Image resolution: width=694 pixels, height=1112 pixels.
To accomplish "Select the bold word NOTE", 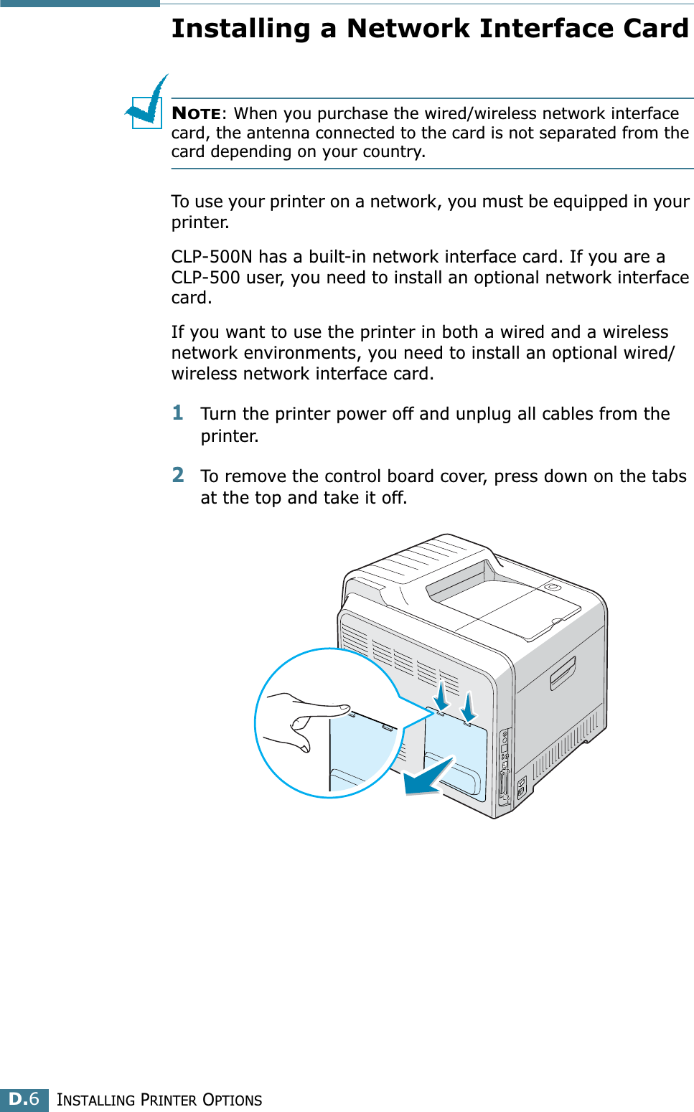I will point(196,113).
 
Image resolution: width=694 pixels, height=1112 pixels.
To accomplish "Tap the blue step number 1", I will point(178,413).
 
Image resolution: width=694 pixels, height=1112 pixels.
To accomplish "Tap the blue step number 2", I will point(178,475).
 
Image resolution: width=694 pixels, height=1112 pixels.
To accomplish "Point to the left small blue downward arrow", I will point(441,695).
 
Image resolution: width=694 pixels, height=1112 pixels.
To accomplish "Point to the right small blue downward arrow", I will point(468,706).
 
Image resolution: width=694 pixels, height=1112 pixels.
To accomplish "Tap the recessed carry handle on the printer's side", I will point(563,673).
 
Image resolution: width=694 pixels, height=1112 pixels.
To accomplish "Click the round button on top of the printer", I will point(552,587).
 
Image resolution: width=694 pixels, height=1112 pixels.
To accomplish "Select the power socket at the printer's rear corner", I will point(521,788).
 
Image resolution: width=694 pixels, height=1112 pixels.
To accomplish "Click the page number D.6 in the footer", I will point(24,1099).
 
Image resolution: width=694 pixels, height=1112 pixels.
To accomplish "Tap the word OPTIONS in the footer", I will point(233,1100).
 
